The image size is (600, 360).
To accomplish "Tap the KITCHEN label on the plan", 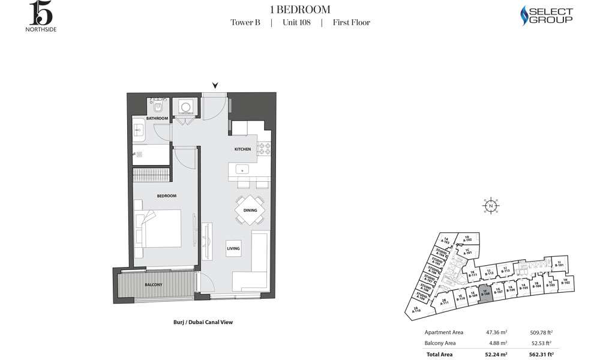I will pyautogui.click(x=242, y=149).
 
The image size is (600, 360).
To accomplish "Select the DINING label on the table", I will pyautogui.click(x=250, y=211).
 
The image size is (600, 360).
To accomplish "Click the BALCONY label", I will pyautogui.click(x=153, y=284).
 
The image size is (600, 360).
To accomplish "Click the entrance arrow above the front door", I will pyautogui.click(x=215, y=86).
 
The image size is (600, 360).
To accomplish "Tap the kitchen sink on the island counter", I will pyautogui.click(x=243, y=169).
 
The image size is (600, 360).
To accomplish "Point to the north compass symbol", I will pyautogui.click(x=491, y=206).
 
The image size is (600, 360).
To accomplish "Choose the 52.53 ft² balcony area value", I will pyautogui.click(x=541, y=343).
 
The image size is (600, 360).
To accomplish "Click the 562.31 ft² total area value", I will pyautogui.click(x=541, y=355).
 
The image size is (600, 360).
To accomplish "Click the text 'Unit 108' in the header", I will pyautogui.click(x=296, y=23).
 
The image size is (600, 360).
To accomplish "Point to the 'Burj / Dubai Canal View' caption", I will pyautogui.click(x=198, y=322).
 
